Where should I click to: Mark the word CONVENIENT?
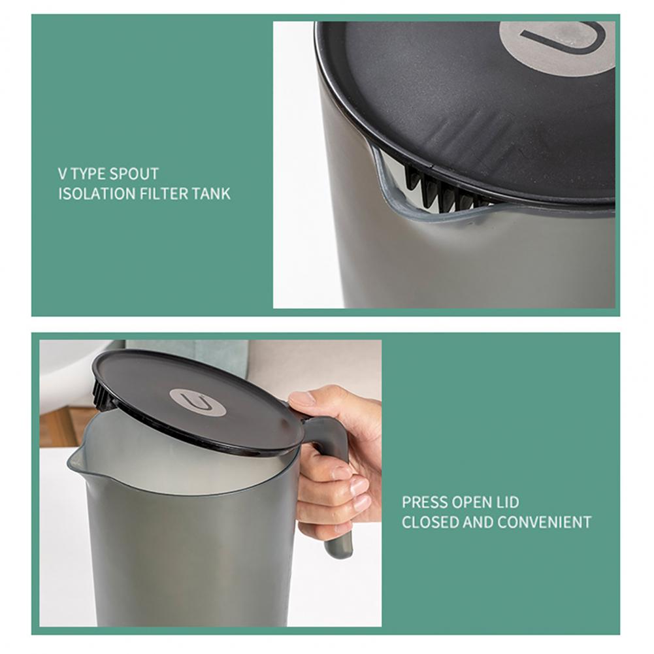(544, 523)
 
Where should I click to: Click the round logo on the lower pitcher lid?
(197, 402)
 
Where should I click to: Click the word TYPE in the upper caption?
(88, 174)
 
